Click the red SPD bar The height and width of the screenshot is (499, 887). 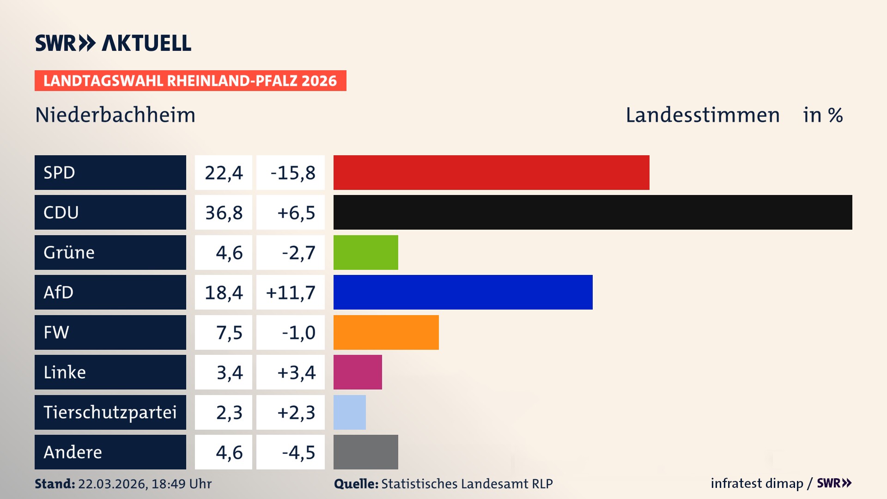tap(491, 172)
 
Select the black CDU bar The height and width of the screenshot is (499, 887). tap(593, 213)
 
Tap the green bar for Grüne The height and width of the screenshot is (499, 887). tap(365, 252)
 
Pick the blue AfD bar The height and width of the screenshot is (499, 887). tap(463, 292)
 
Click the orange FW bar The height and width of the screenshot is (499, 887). tap(386, 332)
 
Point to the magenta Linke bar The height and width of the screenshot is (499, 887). tap(358, 372)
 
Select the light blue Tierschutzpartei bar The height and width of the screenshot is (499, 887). tap(349, 412)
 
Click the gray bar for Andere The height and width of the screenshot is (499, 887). tap(365, 452)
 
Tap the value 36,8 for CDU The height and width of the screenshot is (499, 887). tap(224, 213)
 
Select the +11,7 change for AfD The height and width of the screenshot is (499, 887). tap(291, 292)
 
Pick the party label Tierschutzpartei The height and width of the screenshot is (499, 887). tap(110, 412)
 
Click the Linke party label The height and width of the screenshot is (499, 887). tap(65, 372)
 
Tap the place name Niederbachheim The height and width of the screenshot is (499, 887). tap(115, 115)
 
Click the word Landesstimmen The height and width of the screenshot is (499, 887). tap(702, 115)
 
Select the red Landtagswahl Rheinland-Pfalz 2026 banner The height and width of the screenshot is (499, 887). tap(190, 81)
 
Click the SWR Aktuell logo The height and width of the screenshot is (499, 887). tap(113, 43)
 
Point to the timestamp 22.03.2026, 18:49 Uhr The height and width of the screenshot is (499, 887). tap(145, 484)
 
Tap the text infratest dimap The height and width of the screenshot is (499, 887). tap(757, 483)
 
